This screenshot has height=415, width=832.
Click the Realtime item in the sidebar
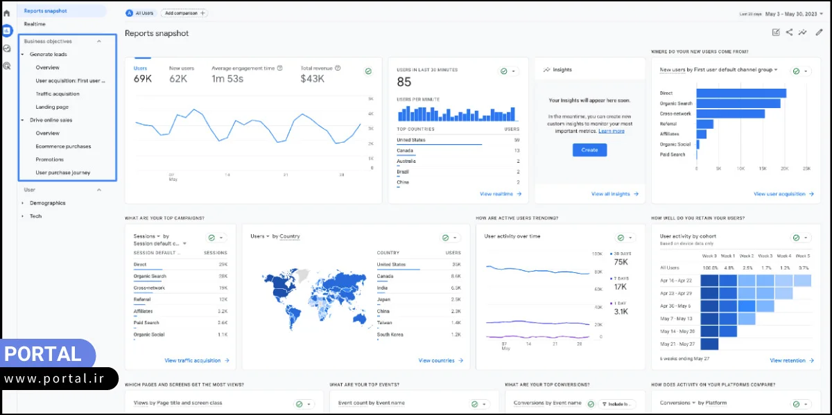pyautogui.click(x=35, y=24)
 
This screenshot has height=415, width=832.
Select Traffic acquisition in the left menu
pyautogui.click(x=58, y=94)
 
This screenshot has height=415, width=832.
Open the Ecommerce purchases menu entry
pyautogui.click(x=63, y=146)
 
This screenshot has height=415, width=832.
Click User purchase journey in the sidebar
pyautogui.click(x=62, y=173)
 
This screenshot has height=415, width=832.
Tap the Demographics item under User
pyautogui.click(x=47, y=203)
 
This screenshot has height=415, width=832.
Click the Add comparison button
pyautogui.click(x=184, y=13)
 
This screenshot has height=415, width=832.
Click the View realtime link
pyautogui.click(x=500, y=194)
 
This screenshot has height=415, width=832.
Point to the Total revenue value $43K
pyautogui.click(x=312, y=79)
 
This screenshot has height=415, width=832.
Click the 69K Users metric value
pyautogui.click(x=143, y=79)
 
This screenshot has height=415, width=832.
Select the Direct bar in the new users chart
pyautogui.click(x=740, y=93)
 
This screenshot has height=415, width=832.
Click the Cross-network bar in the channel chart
pyautogui.click(x=730, y=114)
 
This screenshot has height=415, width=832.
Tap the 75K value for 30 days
pyautogui.click(x=621, y=262)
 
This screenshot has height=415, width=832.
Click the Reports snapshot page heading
pyautogui.click(x=157, y=33)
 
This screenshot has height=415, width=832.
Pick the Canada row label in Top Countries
pyautogui.click(x=405, y=150)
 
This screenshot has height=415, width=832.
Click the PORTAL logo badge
pyautogui.click(x=43, y=354)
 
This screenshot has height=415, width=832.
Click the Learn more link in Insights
pyautogui.click(x=611, y=131)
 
